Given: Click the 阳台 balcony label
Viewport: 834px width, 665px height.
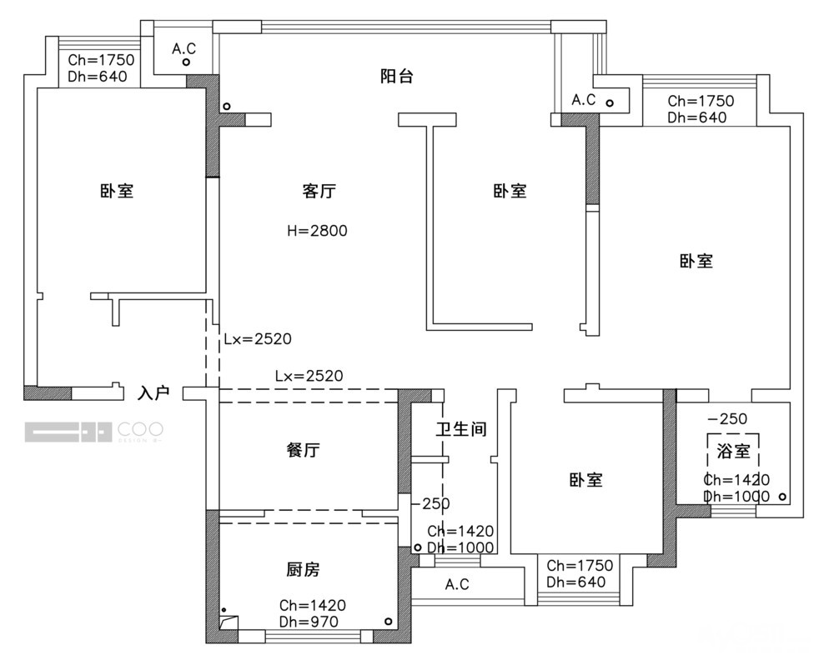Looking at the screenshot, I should click(x=396, y=77).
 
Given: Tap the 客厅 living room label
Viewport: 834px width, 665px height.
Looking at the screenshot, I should click(x=319, y=192).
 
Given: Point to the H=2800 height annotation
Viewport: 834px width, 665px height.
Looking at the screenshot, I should click(x=317, y=231).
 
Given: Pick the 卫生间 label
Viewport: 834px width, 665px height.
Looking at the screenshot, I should click(x=460, y=430).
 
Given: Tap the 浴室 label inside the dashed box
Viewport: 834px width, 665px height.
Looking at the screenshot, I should click(x=733, y=452).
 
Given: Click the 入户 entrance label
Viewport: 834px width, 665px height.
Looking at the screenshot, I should click(x=154, y=392).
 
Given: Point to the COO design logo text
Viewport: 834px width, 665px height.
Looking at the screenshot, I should click(x=140, y=431).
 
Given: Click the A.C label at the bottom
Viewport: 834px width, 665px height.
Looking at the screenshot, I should click(x=457, y=584).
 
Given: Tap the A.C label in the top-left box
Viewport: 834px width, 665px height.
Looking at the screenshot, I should click(x=183, y=49).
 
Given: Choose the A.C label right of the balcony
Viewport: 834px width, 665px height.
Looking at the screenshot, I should click(x=583, y=100).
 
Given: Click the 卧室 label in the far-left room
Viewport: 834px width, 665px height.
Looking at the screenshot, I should click(x=117, y=192).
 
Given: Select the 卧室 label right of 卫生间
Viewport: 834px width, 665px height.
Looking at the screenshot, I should click(x=585, y=480).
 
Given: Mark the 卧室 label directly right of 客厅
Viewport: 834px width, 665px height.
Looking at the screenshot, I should click(x=509, y=192).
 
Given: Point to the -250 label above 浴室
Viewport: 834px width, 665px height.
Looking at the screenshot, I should click(x=728, y=418).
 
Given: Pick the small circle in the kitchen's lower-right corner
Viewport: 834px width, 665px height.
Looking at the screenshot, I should click(x=388, y=622).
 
